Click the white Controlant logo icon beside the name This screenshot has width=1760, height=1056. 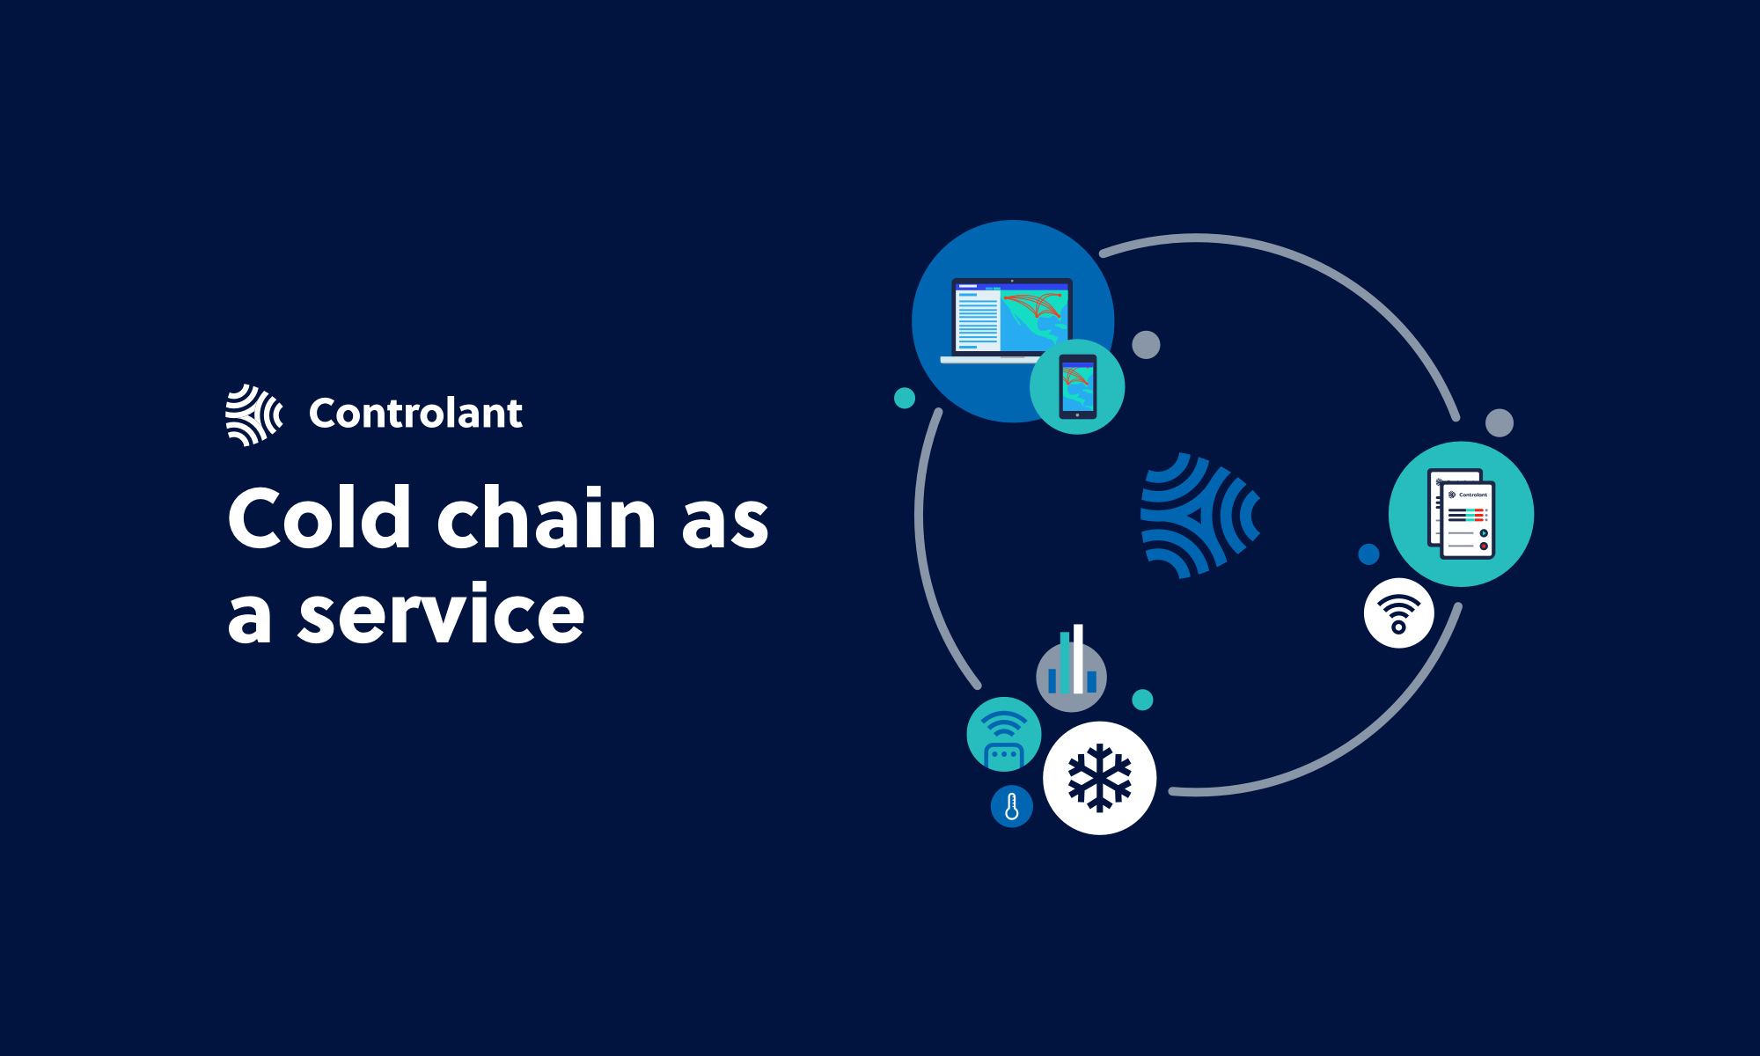coord(254,414)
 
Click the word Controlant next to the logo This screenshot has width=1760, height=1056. coord(415,413)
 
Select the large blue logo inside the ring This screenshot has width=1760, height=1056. coord(1200,516)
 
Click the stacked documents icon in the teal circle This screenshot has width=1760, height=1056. coord(1462,514)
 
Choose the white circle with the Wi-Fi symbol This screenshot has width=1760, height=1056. coord(1398,613)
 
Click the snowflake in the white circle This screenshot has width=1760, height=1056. coord(1099,778)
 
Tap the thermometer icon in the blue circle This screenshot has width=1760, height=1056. coord(1012,806)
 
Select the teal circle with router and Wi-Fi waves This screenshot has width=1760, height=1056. coord(1004,735)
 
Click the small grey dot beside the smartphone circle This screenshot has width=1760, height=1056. coord(1146,345)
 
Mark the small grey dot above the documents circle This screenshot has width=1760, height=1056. coord(1500,422)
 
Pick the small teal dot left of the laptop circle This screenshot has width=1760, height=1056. coord(905,398)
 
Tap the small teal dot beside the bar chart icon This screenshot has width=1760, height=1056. coord(1142,700)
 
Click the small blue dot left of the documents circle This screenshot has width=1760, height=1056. coord(1368,554)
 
